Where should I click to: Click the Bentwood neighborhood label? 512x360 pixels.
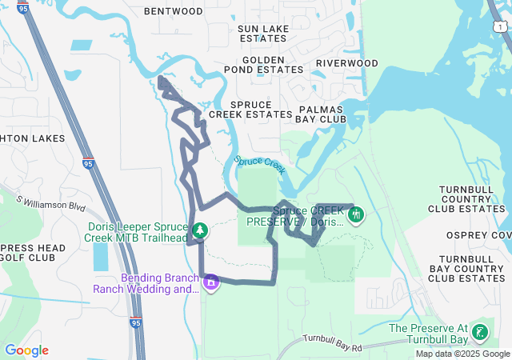pyautogui.click(x=174, y=12)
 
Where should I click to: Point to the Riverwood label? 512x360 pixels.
pyautogui.click(x=346, y=63)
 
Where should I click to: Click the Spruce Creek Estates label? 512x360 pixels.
pyautogui.click(x=250, y=110)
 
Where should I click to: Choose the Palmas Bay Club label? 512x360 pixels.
pyautogui.click(x=321, y=114)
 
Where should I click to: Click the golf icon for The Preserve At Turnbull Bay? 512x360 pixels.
pyautogui.click(x=479, y=333)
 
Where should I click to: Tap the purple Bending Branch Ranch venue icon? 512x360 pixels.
pyautogui.click(x=211, y=282)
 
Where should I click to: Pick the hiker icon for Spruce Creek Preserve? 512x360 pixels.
pyautogui.click(x=356, y=214)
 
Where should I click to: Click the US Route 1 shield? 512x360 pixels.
pyautogui.click(x=500, y=26)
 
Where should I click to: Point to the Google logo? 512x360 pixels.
pyautogui.click(x=26, y=350)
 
